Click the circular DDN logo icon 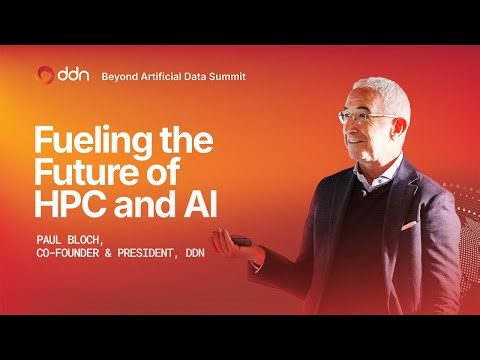(x=45, y=75)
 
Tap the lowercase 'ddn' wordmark (x=73, y=75)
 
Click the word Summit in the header (x=224, y=76)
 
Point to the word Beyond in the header (x=119, y=76)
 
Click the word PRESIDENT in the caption (x=163, y=254)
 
